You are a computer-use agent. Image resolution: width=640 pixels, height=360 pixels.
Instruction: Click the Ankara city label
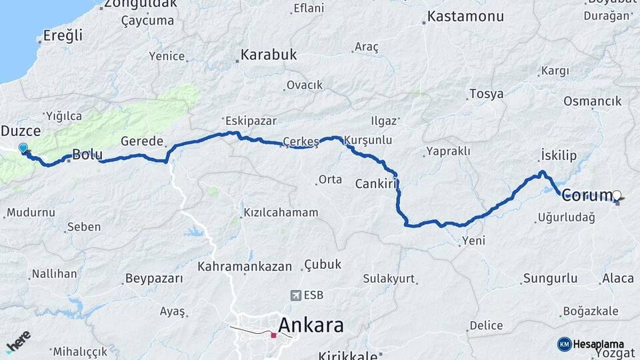coord(311,325)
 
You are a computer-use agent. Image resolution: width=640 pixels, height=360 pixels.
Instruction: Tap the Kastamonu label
coord(465,17)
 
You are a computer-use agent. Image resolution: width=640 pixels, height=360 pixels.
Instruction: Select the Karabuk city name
coord(269,55)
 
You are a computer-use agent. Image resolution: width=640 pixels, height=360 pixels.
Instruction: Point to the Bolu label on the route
coord(87,155)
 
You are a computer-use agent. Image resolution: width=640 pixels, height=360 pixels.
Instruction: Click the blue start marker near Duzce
coord(24,148)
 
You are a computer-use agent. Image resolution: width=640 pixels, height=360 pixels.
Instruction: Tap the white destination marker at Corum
coord(617,195)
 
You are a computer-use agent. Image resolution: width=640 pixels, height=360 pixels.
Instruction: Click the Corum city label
coord(587,195)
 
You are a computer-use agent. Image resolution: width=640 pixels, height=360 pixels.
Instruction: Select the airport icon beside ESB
coord(296,295)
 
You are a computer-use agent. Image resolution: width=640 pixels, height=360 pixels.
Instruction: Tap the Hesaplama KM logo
coord(587,344)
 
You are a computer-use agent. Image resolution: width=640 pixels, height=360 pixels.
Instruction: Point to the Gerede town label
coord(142,141)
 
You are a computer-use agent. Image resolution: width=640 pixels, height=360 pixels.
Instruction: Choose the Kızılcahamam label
coord(281,212)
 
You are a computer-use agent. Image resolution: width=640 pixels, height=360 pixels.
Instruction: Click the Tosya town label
coord(486,94)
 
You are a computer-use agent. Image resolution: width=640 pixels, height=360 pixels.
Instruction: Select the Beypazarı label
coord(154,278)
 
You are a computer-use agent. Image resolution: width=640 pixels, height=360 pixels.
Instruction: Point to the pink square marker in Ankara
coord(273,335)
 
